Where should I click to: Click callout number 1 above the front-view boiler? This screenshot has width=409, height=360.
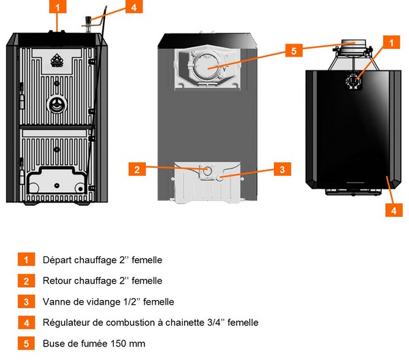pyautogui.click(x=58, y=8)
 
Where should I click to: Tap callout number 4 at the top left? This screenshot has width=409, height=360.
pyautogui.click(x=134, y=8)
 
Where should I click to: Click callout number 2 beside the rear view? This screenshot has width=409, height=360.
pyautogui.click(x=138, y=168)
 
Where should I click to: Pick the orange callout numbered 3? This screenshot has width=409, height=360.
pyautogui.click(x=280, y=168)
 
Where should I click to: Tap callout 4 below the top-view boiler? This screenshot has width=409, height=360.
pyautogui.click(x=392, y=211)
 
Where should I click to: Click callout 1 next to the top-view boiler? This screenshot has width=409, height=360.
pyautogui.click(x=391, y=42)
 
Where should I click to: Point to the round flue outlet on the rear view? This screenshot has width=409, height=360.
pyautogui.click(x=207, y=65)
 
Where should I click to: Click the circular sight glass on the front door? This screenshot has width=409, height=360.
pyautogui.click(x=57, y=104)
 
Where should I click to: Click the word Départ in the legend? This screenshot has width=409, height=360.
pyautogui.click(x=55, y=260)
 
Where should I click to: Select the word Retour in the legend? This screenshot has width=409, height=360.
pyautogui.click(x=56, y=281)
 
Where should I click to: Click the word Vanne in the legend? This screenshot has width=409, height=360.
pyautogui.click(x=55, y=302)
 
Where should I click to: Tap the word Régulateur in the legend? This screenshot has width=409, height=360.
pyautogui.click(x=66, y=322)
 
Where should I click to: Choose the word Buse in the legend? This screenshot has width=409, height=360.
pyautogui.click(x=52, y=344)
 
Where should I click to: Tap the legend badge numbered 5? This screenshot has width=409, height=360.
pyautogui.click(x=27, y=344)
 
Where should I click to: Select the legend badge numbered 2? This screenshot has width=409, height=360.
pyautogui.click(x=27, y=281)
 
